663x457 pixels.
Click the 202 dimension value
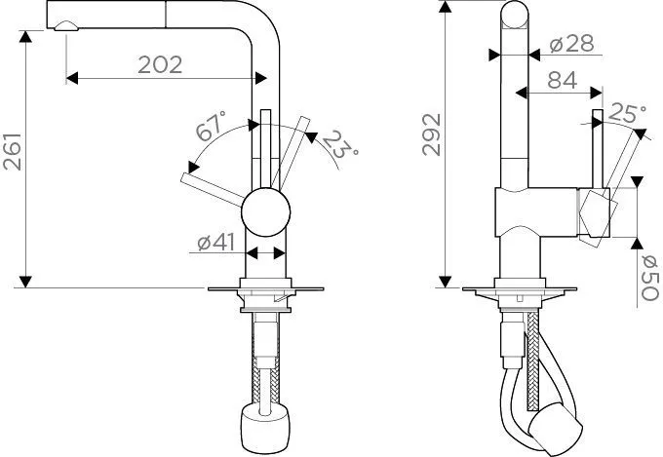[160, 65]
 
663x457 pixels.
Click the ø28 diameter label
[568, 47]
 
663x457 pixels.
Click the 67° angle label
[212, 129]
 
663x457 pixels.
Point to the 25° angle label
[626, 115]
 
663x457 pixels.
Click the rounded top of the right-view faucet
[516, 18]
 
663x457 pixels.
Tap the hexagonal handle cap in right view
[596, 212]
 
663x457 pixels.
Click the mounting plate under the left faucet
[264, 290]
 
